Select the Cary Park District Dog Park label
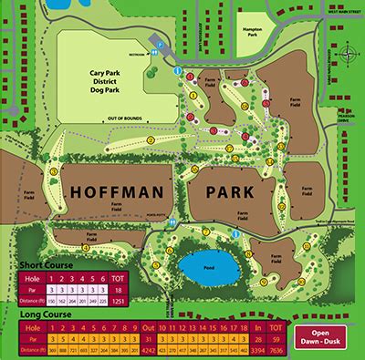coord(116,76)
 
